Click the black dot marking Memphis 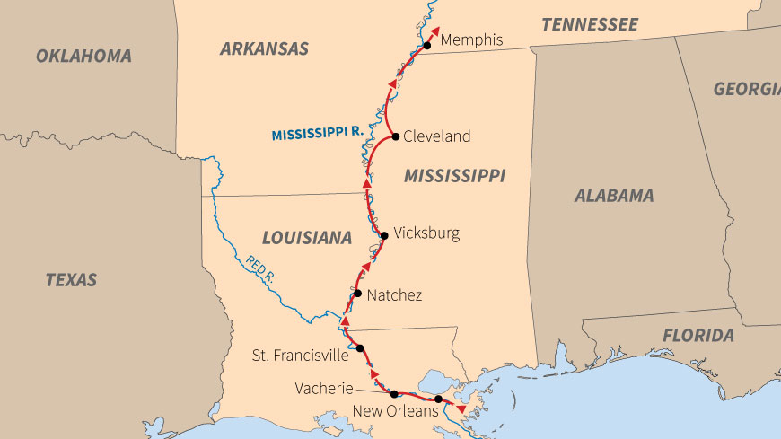click(x=427, y=46)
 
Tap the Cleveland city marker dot click(x=396, y=136)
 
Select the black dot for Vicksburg click(x=384, y=235)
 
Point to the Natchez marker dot click(x=357, y=294)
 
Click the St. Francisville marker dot click(x=360, y=348)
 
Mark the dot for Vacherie click(x=394, y=393)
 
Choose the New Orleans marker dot click(x=438, y=399)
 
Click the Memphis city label click(x=471, y=40)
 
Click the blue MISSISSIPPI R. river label click(x=316, y=133)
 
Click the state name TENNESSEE click(x=589, y=24)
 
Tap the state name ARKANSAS click(x=264, y=48)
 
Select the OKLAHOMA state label click(x=83, y=56)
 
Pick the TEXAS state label click(x=71, y=279)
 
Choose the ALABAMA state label click(x=614, y=195)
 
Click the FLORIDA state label click(x=698, y=336)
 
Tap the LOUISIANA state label click(x=306, y=238)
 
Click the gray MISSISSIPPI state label click(x=454, y=175)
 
